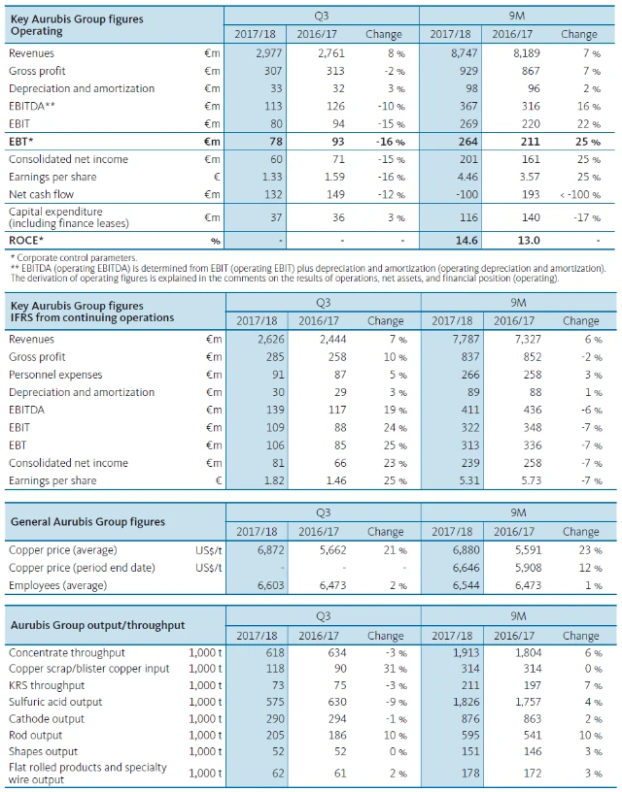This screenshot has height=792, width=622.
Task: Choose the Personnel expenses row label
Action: [53, 375]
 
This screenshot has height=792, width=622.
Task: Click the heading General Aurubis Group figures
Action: [87, 522]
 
